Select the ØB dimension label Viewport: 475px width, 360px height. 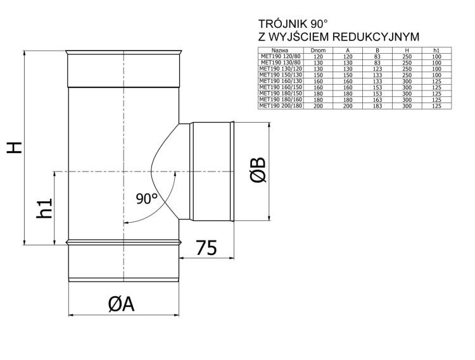[258, 171]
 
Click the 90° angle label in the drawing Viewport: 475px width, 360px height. [147, 199]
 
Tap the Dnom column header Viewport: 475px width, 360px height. [318, 49]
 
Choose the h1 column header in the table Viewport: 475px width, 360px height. [436, 49]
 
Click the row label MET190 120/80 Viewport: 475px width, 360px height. [281, 56]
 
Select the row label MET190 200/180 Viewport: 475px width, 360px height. [281, 106]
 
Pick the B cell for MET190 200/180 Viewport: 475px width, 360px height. [377, 106]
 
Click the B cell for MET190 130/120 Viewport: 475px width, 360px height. [377, 68]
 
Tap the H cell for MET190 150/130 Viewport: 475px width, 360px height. [407, 75]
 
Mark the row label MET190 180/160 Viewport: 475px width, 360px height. [281, 100]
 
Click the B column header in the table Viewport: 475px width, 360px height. [377, 49]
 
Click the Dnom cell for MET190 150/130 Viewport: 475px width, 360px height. [318, 75]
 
